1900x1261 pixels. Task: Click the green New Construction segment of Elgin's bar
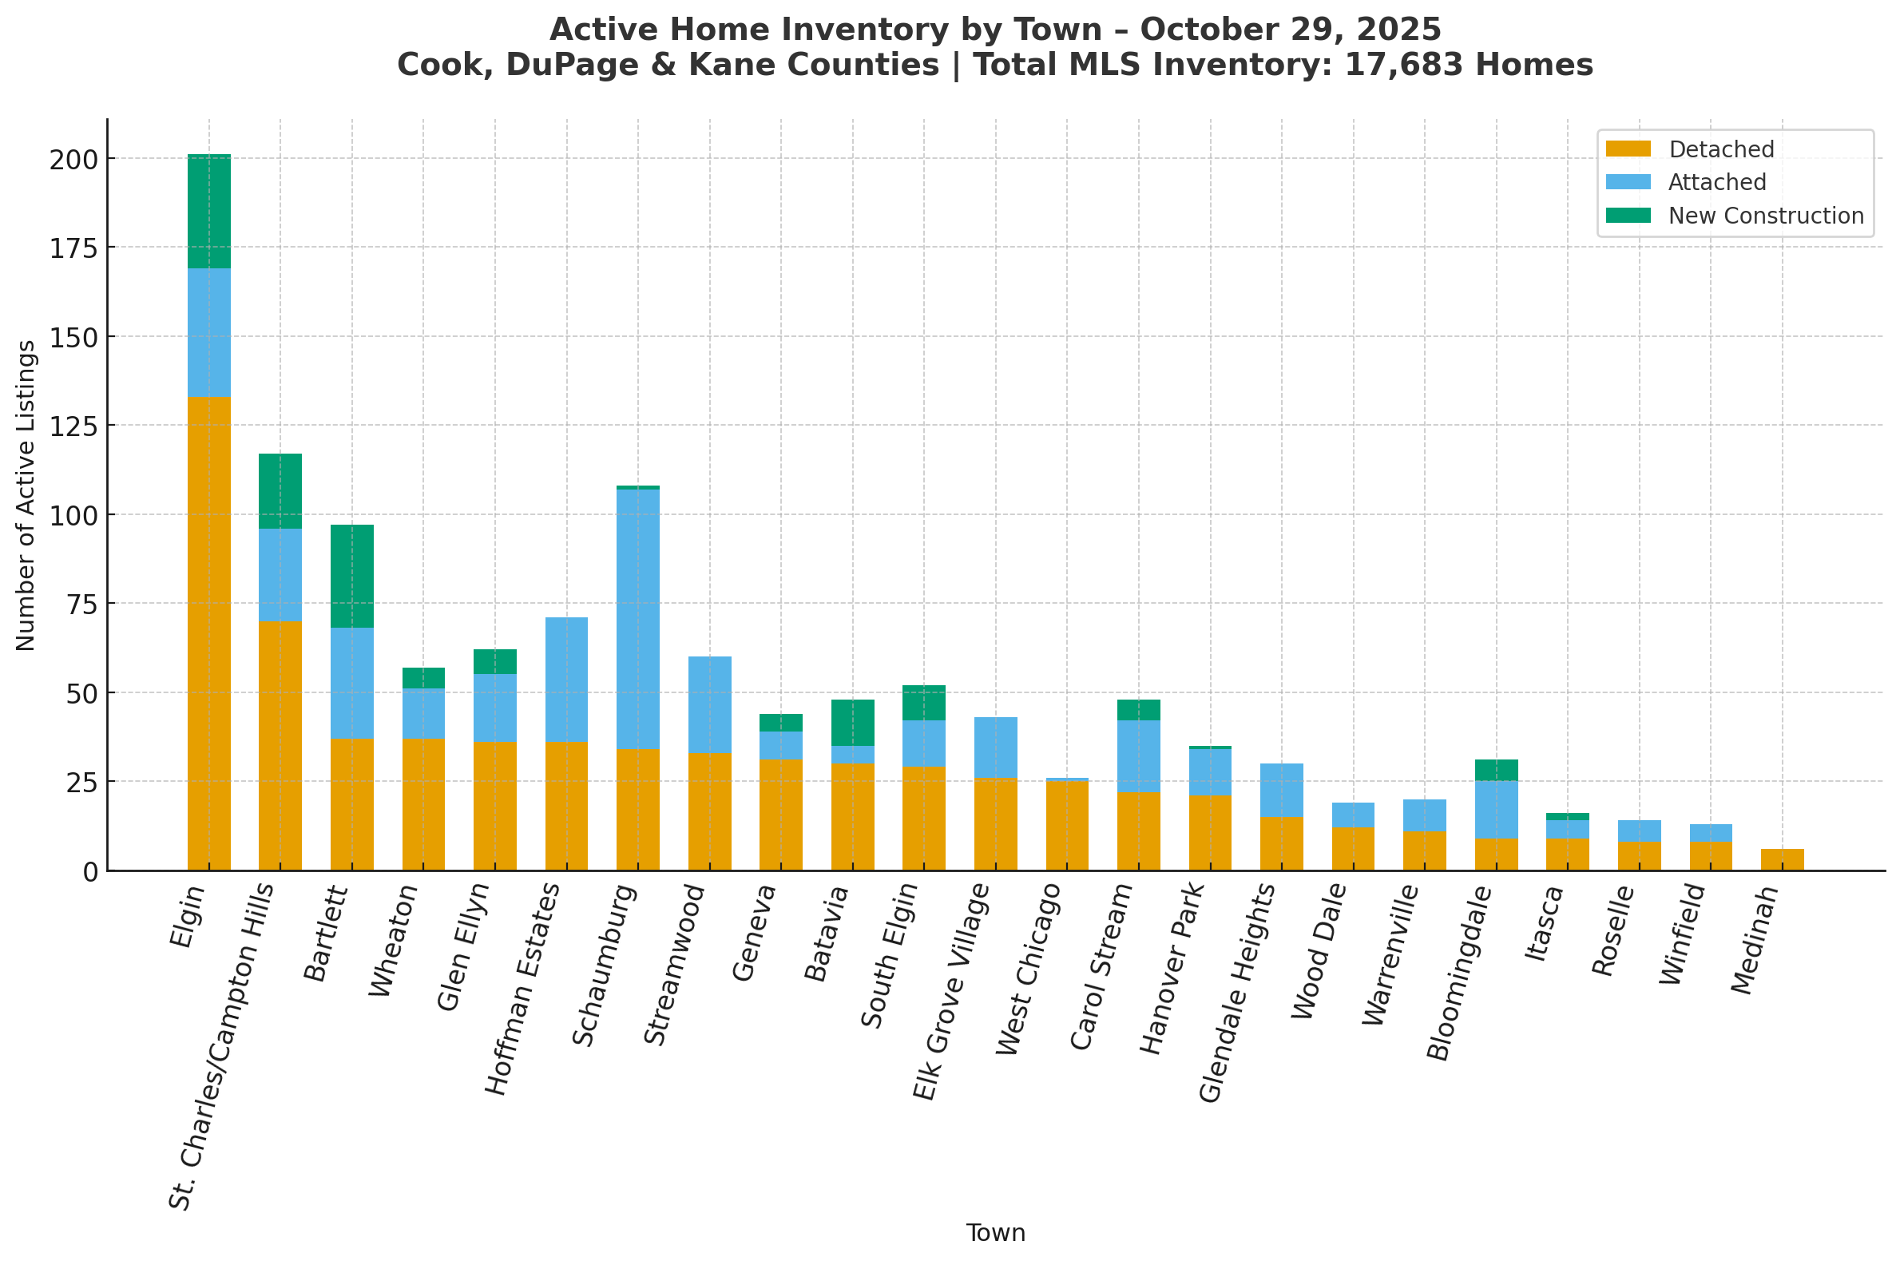209,212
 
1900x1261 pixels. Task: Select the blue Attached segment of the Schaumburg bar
638,618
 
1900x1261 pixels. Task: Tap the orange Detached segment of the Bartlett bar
352,803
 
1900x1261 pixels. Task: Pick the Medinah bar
1783,859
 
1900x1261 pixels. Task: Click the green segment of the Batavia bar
852,722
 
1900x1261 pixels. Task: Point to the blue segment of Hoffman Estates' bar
567,680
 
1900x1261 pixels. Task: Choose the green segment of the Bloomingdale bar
1497,770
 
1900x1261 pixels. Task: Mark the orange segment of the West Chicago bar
1067,825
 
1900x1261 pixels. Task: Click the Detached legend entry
1720,149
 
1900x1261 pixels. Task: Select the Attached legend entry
1716,183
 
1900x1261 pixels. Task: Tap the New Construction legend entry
1766,216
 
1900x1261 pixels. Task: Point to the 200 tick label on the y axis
73,159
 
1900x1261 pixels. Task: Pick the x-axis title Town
995,1233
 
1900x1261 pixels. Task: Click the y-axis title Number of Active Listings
26,495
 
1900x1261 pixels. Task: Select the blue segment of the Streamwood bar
710,704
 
